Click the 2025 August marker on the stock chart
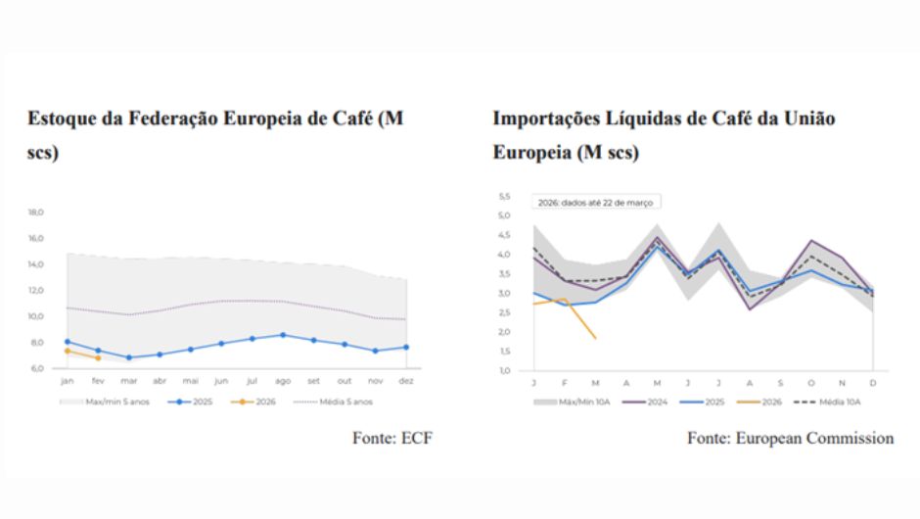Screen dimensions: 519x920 [283, 335]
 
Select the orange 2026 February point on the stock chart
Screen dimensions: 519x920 [98, 357]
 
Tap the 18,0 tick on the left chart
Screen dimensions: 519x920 [35, 212]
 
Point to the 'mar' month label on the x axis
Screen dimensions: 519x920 [129, 381]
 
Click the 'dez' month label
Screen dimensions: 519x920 [406, 381]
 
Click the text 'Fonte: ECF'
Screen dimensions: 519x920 [391, 439]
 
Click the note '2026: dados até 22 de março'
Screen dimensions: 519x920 [596, 202]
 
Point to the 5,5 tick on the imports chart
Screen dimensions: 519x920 [505, 196]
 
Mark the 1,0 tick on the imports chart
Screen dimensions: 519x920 [505, 371]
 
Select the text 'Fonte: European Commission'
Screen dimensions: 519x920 [790, 439]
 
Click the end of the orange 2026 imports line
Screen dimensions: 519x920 [595, 339]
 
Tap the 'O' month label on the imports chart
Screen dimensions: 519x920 [810, 381]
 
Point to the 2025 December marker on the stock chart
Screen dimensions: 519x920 [406, 347]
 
